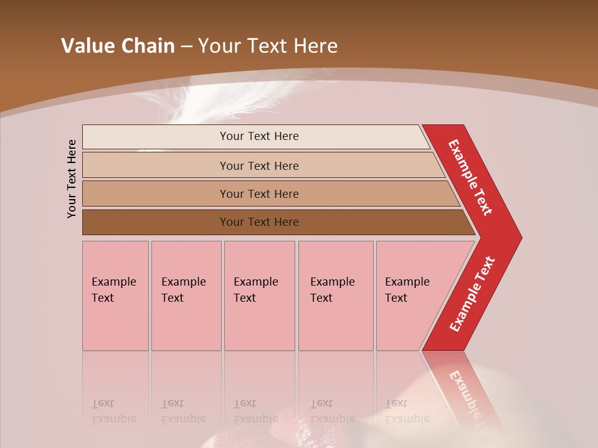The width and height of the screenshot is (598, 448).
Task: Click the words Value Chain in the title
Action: coord(118,46)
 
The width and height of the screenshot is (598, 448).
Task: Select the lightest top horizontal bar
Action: coord(255,137)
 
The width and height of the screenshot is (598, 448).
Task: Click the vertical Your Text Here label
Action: coord(72,179)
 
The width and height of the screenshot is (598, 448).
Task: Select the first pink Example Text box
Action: coord(115,296)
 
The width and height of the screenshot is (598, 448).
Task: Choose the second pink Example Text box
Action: coord(186,296)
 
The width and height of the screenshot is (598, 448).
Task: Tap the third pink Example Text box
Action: coord(259,296)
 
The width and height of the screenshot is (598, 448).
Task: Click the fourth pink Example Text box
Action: coord(336,296)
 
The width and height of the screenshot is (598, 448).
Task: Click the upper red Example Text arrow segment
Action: coord(471,177)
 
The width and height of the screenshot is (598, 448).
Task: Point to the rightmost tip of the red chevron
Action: coord(520,237)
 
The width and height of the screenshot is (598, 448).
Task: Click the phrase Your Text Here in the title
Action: coord(268,46)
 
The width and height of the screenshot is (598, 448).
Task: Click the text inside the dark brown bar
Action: coord(259,222)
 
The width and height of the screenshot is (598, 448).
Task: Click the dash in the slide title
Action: coord(186,46)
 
